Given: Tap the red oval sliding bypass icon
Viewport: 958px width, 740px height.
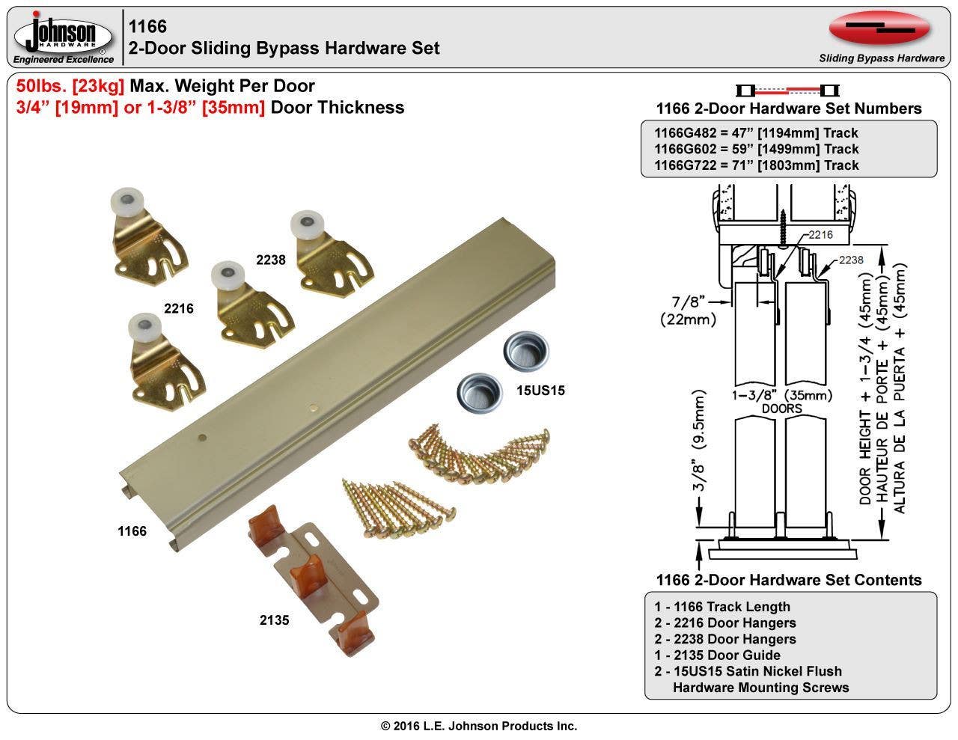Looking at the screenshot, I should [x=879, y=29].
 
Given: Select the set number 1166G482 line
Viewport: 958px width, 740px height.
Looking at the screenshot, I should [x=756, y=132].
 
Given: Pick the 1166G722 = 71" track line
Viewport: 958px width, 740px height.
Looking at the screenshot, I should [x=756, y=165].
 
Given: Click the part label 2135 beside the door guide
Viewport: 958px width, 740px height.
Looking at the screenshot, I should [x=274, y=620].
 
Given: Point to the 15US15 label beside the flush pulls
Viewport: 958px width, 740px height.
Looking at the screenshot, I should [x=540, y=391].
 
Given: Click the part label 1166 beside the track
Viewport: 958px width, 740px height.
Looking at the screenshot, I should [x=132, y=531].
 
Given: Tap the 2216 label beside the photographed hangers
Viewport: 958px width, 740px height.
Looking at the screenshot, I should [x=179, y=308].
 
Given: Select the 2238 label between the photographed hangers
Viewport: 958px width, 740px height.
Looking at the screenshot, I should [x=270, y=260].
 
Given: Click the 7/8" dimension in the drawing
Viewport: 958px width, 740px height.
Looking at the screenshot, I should [x=688, y=302].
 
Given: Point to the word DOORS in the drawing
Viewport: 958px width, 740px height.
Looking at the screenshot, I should [x=782, y=409].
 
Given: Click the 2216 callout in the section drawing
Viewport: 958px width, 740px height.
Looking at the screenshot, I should [x=820, y=234].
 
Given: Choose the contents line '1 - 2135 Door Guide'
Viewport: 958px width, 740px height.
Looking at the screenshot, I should [x=717, y=655].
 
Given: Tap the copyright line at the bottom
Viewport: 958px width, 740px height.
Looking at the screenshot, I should [x=479, y=726].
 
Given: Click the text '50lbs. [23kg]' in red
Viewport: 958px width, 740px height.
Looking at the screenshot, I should [x=70, y=86].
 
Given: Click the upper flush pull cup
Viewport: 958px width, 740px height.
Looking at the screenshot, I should [x=525, y=349].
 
